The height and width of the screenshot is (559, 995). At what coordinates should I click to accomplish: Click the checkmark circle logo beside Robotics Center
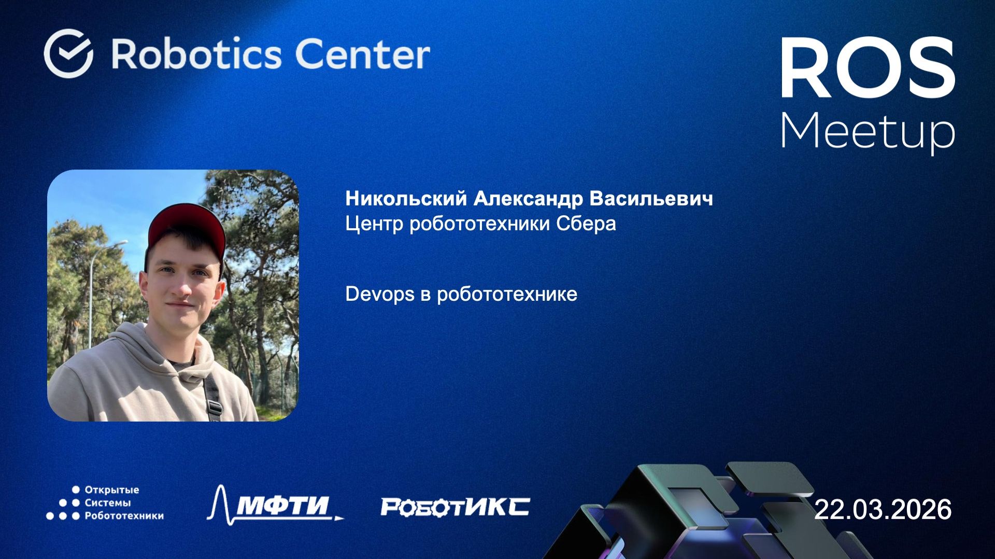pyautogui.click(x=68, y=53)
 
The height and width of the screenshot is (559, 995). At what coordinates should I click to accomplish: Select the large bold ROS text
pyautogui.click(x=868, y=68)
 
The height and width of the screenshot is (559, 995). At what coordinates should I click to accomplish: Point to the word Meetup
pyautogui.click(x=868, y=131)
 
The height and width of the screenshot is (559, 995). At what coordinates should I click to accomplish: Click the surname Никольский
pyautogui.click(x=406, y=199)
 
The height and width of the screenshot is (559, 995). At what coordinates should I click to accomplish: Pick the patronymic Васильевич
pyautogui.click(x=651, y=199)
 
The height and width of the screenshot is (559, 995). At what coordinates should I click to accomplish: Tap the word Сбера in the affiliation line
pyautogui.click(x=586, y=223)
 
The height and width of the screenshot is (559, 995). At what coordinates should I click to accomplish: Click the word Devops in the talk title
pyautogui.click(x=380, y=294)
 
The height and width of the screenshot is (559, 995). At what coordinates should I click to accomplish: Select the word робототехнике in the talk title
pyautogui.click(x=507, y=294)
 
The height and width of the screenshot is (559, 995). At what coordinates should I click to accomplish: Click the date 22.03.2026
pyautogui.click(x=883, y=509)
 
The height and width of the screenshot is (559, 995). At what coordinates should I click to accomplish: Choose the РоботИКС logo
pyautogui.click(x=455, y=507)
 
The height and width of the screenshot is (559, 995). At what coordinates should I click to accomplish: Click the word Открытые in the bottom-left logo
pyautogui.click(x=111, y=490)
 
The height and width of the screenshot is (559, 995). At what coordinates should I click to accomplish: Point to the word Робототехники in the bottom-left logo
pyautogui.click(x=124, y=516)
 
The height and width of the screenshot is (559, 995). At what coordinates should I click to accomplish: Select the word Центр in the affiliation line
pyautogui.click(x=374, y=223)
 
